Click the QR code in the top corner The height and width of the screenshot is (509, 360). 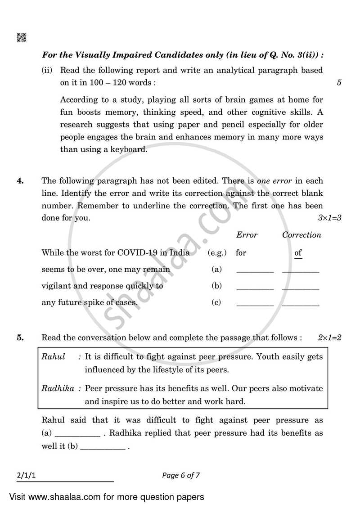pos(22,37)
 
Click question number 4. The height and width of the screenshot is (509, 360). pos(20,181)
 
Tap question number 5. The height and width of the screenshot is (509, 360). pos(20,338)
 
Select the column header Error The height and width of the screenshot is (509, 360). pos(247,235)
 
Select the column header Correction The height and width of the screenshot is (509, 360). pos(301,235)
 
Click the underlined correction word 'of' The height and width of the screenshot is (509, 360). pos(298,253)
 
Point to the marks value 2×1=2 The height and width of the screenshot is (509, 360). pos(329,338)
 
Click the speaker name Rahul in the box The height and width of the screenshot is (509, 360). pos(53,357)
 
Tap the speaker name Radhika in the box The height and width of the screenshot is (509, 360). pos(58,388)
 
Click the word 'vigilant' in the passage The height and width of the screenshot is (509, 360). pos(56,286)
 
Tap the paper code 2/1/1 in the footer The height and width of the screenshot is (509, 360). pos(26,475)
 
